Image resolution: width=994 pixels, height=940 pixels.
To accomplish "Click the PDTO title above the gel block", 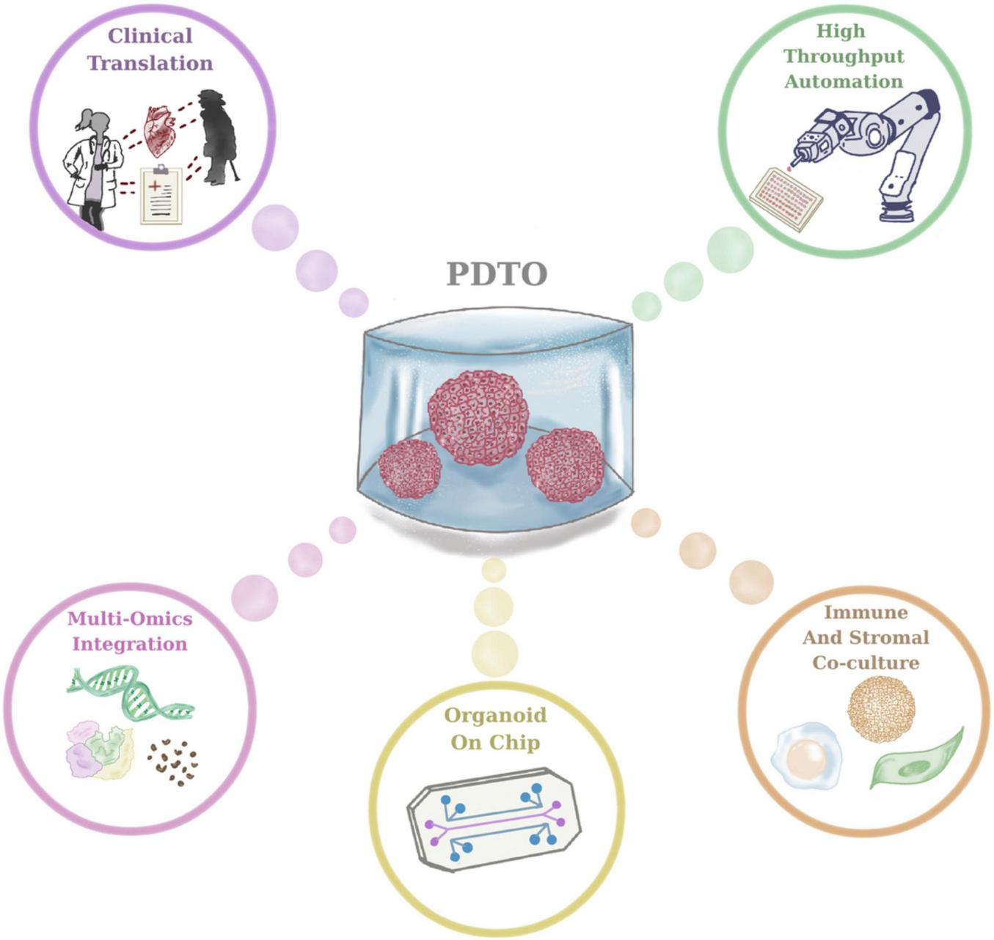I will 497,274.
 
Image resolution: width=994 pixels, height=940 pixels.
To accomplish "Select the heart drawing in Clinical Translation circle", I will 159,131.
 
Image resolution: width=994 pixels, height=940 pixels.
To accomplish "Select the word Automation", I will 844,81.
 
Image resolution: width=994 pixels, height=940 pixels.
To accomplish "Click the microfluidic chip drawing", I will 493,819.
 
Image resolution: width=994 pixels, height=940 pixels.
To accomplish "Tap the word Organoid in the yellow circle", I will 495,715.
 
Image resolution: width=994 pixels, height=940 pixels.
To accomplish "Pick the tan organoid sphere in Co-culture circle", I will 881,709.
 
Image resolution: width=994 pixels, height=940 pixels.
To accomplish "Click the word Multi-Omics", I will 130,618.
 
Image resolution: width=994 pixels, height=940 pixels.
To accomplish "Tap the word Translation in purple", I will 150,63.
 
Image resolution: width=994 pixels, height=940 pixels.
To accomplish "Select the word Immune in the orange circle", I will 866,612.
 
